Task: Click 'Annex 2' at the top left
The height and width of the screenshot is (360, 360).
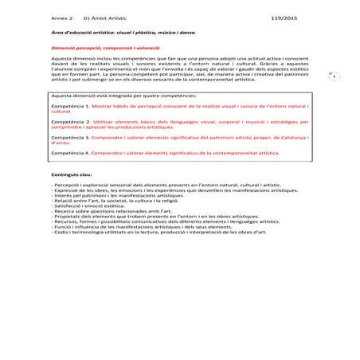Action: pos(61,16)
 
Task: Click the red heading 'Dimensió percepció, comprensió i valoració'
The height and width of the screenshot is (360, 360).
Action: pos(96,49)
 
